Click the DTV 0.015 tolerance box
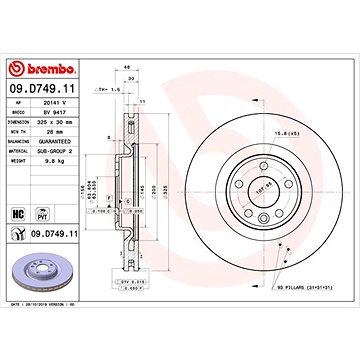(131, 283)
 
